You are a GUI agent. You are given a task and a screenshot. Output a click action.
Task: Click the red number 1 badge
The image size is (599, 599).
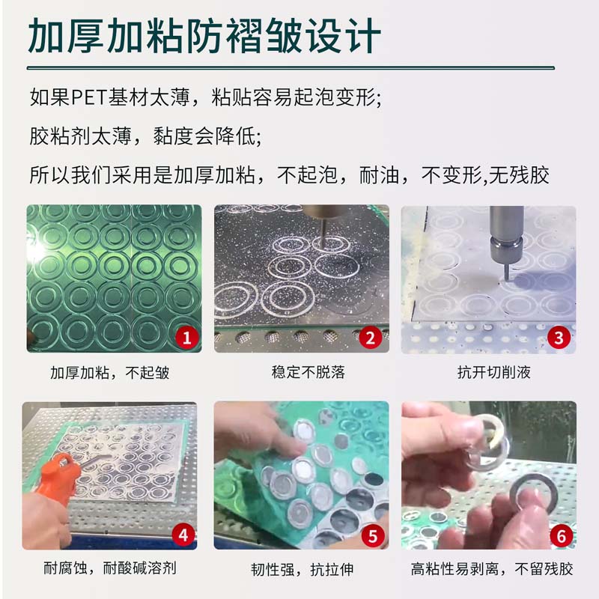[x=186, y=338]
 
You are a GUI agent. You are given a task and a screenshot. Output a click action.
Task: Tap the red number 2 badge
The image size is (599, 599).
[x=370, y=338]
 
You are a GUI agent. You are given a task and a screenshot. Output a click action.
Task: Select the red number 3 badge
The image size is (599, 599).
[x=559, y=338]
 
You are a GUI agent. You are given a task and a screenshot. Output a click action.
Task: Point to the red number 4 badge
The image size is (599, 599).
[x=183, y=535]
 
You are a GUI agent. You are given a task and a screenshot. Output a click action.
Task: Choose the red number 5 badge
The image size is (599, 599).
[x=372, y=536]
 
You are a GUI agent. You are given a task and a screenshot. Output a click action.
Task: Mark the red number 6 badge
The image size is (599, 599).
[x=561, y=536]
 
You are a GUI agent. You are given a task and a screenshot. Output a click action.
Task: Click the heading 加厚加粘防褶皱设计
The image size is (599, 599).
[x=204, y=36]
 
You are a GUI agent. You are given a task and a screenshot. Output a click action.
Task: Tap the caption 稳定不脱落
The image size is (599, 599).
[x=308, y=372]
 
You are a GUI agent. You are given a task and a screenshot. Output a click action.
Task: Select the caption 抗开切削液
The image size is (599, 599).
[x=494, y=372]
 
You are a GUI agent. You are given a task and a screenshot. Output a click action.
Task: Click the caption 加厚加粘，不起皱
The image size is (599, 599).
[x=110, y=372]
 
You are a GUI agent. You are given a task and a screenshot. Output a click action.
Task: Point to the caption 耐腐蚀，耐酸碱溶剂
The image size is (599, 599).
[x=110, y=568]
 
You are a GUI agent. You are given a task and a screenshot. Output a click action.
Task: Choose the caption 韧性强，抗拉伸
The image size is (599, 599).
[x=302, y=569]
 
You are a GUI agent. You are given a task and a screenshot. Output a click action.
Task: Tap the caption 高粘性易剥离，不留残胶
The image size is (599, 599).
[x=492, y=569]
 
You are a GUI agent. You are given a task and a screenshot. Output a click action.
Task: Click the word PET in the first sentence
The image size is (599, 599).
[x=89, y=98]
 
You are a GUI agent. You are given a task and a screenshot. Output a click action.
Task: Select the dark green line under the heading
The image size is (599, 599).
[x=291, y=68]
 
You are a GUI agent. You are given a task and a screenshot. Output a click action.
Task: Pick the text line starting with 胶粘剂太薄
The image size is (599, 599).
[x=145, y=136]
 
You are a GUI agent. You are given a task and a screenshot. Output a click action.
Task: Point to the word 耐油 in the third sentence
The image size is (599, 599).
[x=379, y=175]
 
